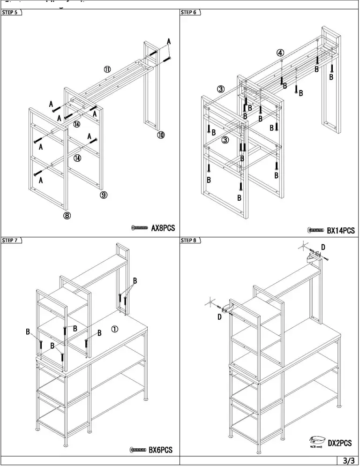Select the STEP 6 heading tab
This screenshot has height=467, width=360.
tap(189, 13)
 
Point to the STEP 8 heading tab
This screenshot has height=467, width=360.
tap(189, 241)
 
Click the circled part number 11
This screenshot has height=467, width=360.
tap(107, 69)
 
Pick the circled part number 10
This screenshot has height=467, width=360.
tap(161, 135)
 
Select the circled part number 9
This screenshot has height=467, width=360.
tap(103, 195)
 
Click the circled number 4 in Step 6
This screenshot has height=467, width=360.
tap(280, 53)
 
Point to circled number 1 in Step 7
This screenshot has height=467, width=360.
tap(114, 329)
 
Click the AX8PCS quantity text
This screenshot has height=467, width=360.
tap(163, 228)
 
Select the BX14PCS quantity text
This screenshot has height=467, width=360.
tap(341, 230)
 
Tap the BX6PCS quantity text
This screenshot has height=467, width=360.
tap(161, 450)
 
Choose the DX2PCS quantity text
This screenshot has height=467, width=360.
tap(339, 443)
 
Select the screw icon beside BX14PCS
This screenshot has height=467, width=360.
tap(316, 230)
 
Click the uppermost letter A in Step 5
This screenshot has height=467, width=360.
tap(169, 42)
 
